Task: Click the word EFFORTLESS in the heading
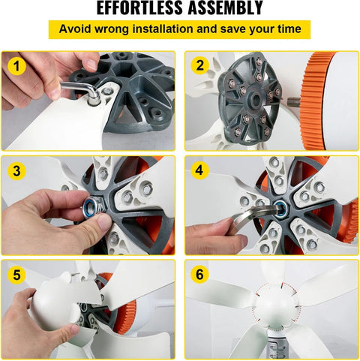click(x=139, y=8)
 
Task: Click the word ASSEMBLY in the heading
click(x=225, y=8)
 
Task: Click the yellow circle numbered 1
click(x=16, y=66)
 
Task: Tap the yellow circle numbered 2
click(x=199, y=66)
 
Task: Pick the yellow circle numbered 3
click(x=16, y=171)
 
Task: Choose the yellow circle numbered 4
click(x=199, y=170)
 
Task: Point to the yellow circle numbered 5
click(x=16, y=275)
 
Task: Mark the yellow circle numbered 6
click(x=199, y=275)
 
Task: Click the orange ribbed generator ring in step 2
click(x=313, y=100)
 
